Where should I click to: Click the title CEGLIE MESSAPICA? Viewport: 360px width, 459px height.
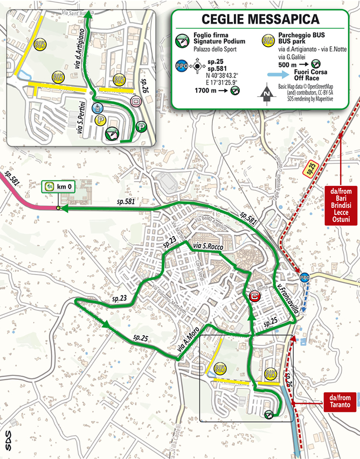point(260,19)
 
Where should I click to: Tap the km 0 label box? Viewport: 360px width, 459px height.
point(56,187)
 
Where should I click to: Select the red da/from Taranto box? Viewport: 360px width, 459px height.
point(340,401)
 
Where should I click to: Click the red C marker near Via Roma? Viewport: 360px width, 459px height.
point(254,296)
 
